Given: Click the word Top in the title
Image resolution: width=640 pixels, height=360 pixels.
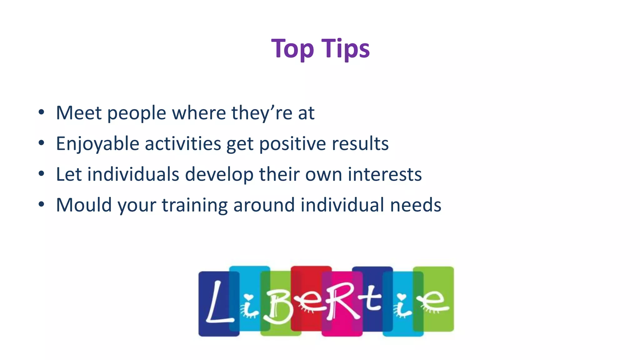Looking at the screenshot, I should point(292,49).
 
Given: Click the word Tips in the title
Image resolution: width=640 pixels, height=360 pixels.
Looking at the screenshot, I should point(345,49).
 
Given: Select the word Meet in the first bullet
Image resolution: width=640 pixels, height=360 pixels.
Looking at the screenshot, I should point(79,113).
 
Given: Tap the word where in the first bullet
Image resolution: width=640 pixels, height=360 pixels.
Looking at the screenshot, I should point(199,113).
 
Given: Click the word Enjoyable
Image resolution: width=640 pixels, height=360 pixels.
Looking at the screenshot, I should point(97,144).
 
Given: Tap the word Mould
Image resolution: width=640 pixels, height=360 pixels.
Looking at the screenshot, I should point(84,205).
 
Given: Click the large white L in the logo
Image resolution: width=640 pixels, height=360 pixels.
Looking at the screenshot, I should point(219,302).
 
